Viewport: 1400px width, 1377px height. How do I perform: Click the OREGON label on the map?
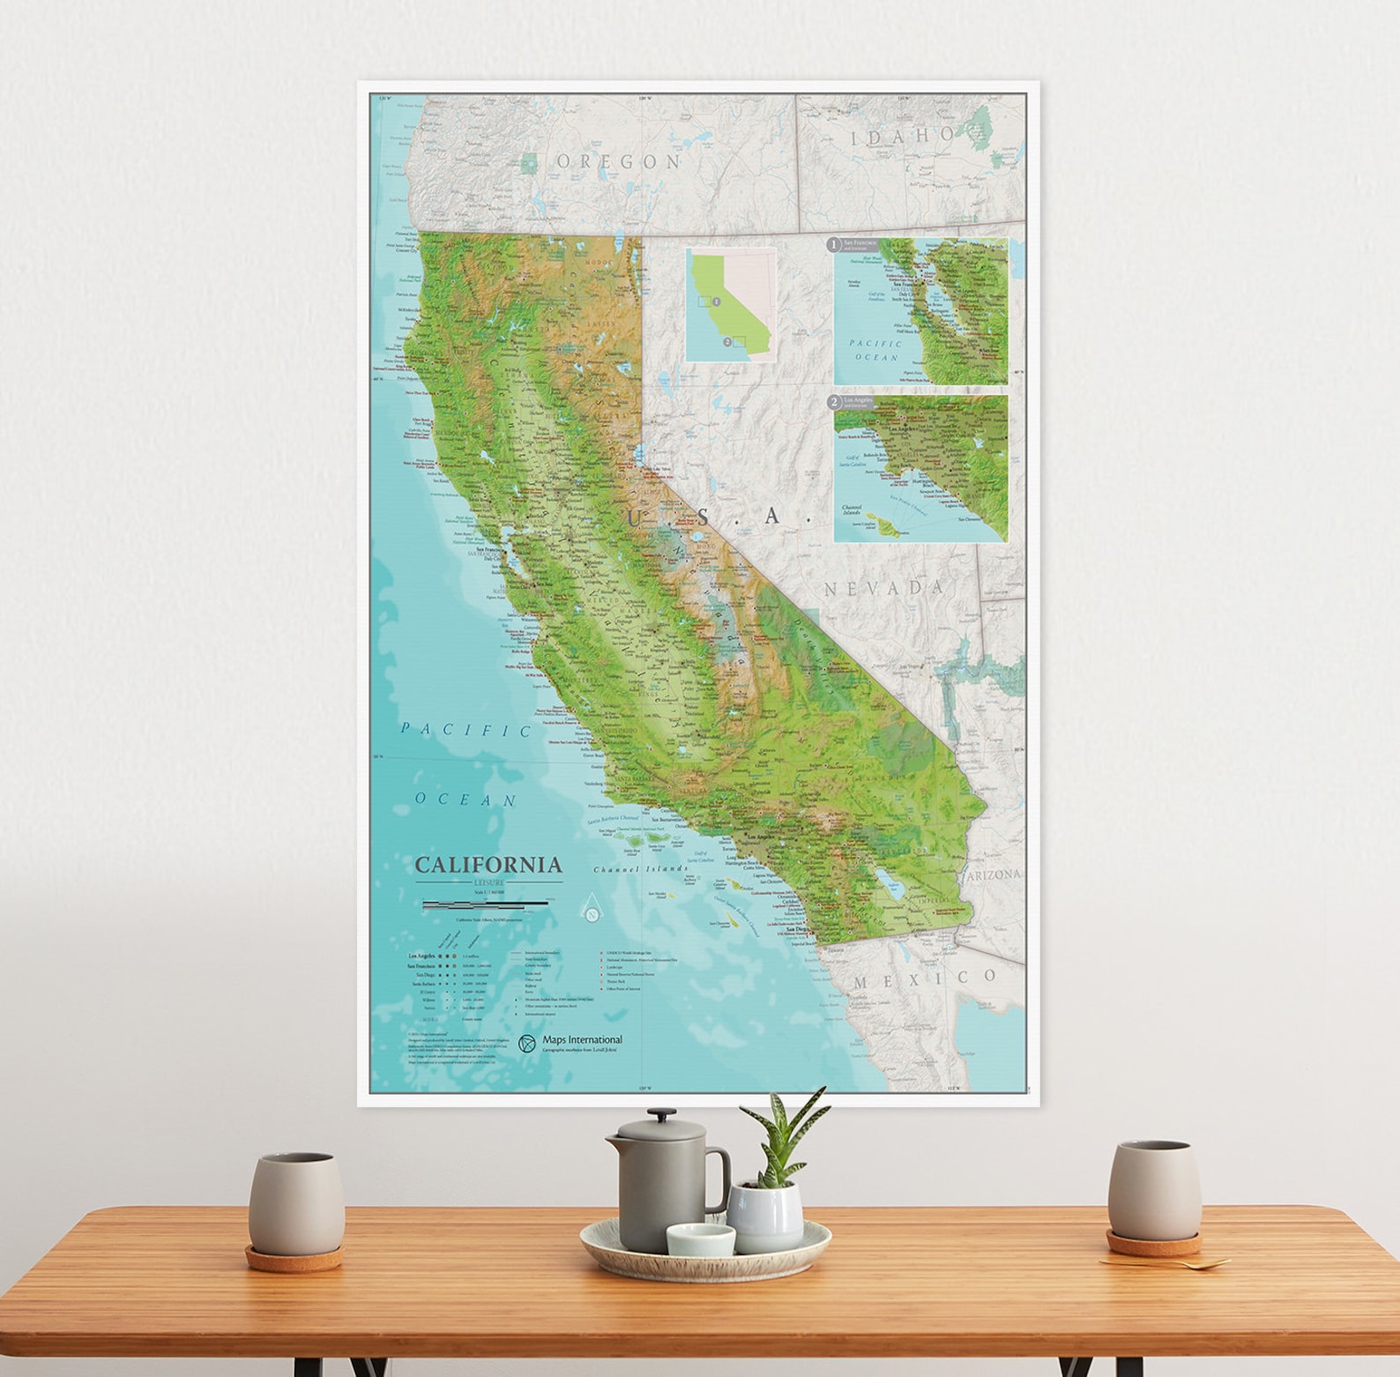[x=619, y=161]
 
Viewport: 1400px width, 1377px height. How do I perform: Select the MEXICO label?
[x=925, y=979]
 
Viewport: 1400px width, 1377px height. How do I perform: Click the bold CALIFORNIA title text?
[x=488, y=864]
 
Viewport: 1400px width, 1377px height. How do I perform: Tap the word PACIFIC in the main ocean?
[x=465, y=730]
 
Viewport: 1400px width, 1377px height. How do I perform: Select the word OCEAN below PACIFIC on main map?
[x=465, y=800]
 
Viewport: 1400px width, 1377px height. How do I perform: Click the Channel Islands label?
[x=640, y=869]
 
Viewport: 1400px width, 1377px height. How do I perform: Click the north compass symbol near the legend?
[x=592, y=912]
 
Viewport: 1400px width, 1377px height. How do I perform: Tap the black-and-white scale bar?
[x=485, y=904]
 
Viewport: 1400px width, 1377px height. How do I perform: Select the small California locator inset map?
[x=730, y=304]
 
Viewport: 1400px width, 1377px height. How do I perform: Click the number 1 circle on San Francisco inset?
[x=832, y=243]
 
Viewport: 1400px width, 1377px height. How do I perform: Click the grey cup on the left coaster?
[x=295, y=1202]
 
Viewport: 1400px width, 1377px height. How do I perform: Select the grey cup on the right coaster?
[x=1153, y=1191]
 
